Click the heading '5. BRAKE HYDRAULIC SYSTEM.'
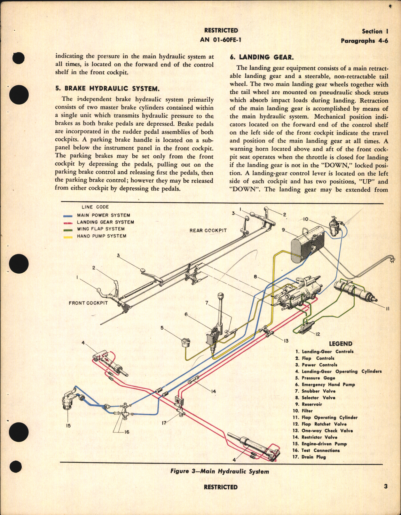[107, 89]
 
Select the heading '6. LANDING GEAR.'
[262, 57]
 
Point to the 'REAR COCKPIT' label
[208, 230]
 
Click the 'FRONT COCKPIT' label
[88, 303]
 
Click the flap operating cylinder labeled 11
[355, 292]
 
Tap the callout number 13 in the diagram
[286, 341]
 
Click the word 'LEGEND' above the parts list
[340, 344]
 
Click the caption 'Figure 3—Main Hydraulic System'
[219, 471]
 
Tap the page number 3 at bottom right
[386, 486]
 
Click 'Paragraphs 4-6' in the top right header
[364, 41]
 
